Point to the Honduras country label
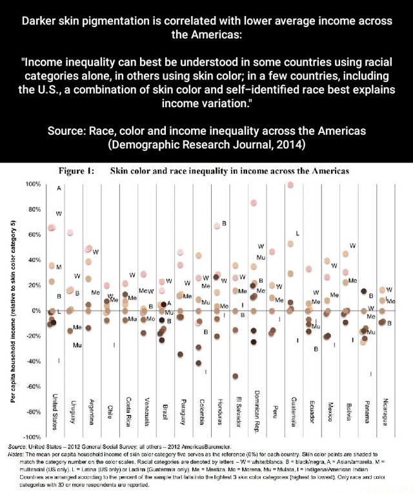coord(220,406)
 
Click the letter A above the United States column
coord(58,188)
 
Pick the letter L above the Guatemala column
coord(297,232)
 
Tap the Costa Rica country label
coord(129,407)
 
